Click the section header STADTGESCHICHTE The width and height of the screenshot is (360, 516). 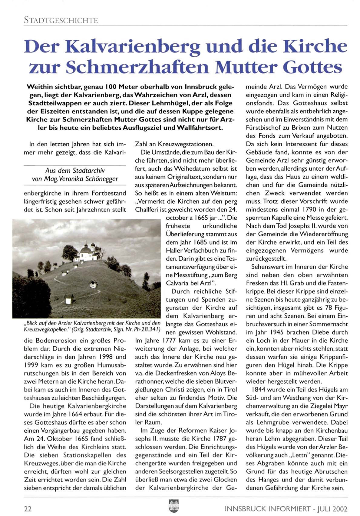point(61,21)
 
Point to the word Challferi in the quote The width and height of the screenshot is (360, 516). point(148,209)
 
